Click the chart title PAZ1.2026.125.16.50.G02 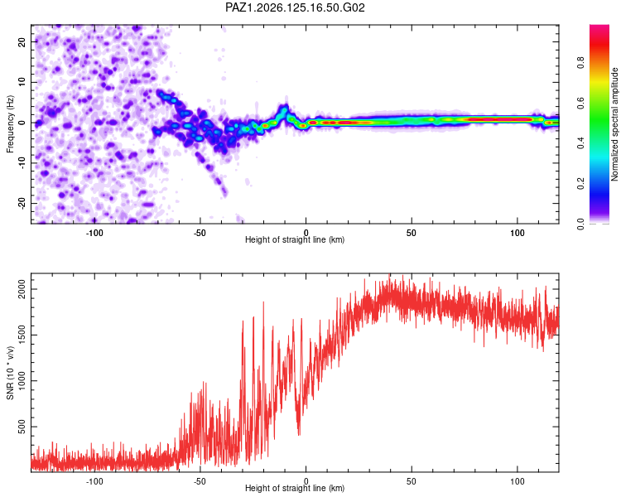295,7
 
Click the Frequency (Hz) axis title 10,124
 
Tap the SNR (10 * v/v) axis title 10,373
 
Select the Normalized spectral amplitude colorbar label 614,124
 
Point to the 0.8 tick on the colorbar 580,62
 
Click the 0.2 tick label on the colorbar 580,184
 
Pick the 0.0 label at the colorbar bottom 580,224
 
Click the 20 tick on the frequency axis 22,41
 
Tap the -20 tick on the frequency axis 22,203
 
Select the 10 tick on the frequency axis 22,82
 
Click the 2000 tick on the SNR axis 22,289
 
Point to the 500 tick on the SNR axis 22,427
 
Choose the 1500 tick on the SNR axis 22,335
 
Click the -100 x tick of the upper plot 94,233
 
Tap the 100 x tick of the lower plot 517,481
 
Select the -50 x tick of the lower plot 200,481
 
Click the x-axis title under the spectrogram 295,239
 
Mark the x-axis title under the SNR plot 295,488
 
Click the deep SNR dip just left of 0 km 299,433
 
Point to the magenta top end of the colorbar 599,27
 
